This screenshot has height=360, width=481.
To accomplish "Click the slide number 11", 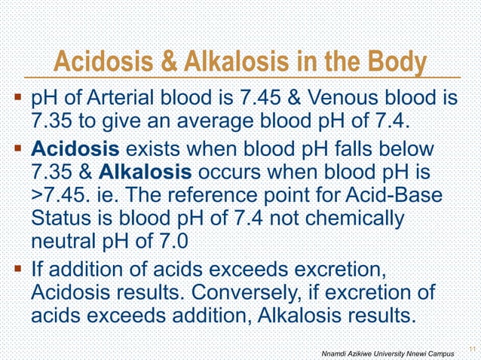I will point(472,347).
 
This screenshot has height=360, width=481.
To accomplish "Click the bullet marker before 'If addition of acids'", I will point(17,269).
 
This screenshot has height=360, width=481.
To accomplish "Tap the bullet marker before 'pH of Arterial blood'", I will point(17,99).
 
